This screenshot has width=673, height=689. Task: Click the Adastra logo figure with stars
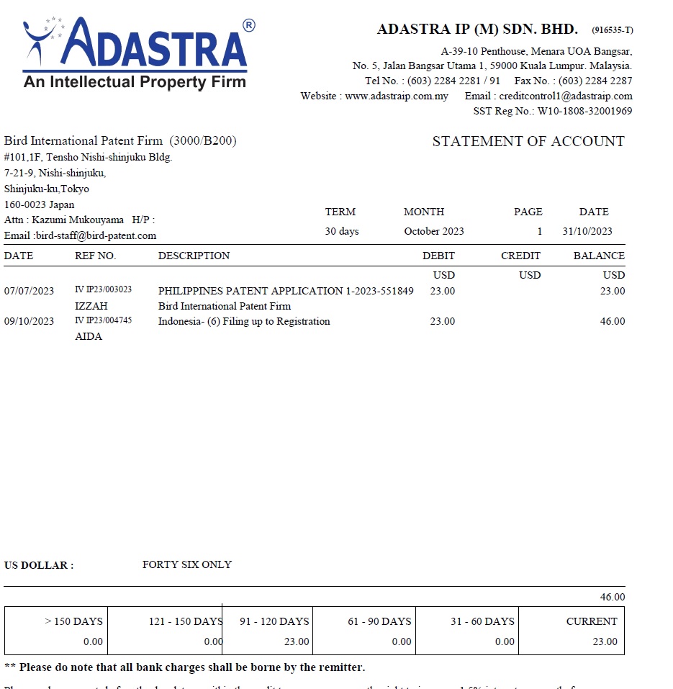pyautogui.click(x=43, y=40)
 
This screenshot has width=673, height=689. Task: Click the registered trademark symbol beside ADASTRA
pyautogui.click(x=249, y=25)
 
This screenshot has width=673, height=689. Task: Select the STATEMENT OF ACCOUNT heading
pyautogui.click(x=528, y=141)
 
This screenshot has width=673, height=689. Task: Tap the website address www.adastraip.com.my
pyautogui.click(x=397, y=96)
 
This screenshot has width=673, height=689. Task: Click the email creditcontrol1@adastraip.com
pyautogui.click(x=566, y=96)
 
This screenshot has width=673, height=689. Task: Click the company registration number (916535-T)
pyautogui.click(x=613, y=30)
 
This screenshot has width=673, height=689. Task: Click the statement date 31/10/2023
pyautogui.click(x=587, y=231)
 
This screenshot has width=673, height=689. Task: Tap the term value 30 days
pyautogui.click(x=342, y=231)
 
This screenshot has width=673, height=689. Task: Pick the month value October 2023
pyautogui.click(x=434, y=231)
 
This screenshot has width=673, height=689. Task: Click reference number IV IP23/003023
pyautogui.click(x=103, y=290)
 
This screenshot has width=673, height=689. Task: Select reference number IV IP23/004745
pyautogui.click(x=103, y=321)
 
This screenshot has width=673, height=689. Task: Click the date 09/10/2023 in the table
pyautogui.click(x=29, y=321)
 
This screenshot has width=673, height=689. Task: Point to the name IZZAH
pyautogui.click(x=91, y=306)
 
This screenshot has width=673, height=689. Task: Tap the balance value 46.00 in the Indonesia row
pyautogui.click(x=613, y=321)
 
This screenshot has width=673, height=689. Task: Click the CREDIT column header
pyautogui.click(x=520, y=256)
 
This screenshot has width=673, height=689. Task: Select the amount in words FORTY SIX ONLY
pyautogui.click(x=187, y=564)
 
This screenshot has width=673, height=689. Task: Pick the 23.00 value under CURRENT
pyautogui.click(x=605, y=641)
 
